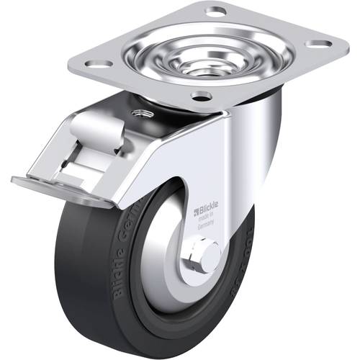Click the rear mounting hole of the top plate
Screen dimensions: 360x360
[215, 12]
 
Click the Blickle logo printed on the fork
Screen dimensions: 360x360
[208, 212]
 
